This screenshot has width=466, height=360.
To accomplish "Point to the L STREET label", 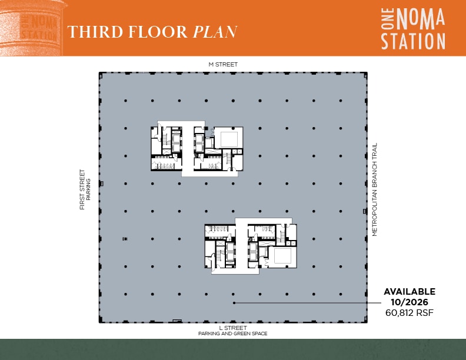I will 232,328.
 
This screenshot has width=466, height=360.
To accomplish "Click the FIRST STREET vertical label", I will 82,190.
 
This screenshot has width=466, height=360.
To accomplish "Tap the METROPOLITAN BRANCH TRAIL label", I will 374,190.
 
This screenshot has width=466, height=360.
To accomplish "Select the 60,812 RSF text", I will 410,313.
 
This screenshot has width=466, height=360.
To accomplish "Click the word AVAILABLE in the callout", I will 410,291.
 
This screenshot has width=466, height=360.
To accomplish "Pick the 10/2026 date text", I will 410,302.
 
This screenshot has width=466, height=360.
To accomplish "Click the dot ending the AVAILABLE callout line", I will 234,303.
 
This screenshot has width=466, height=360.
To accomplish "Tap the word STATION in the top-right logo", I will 413,41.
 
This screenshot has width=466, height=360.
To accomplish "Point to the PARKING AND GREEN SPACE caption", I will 232,334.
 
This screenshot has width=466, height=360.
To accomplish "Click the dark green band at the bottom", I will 233,349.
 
